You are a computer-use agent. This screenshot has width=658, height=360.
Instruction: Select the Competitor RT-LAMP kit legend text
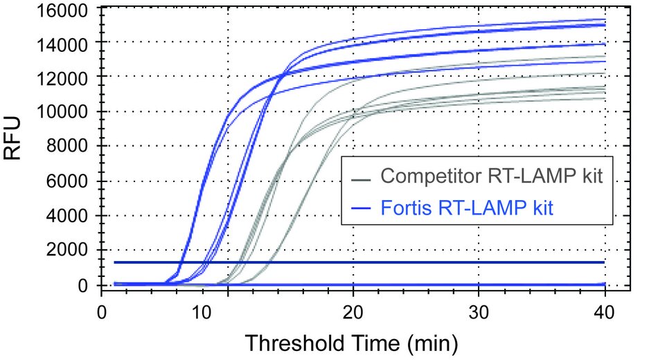pyautogui.click(x=492, y=176)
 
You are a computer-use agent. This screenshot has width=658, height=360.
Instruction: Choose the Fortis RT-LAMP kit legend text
pyautogui.click(x=467, y=207)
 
